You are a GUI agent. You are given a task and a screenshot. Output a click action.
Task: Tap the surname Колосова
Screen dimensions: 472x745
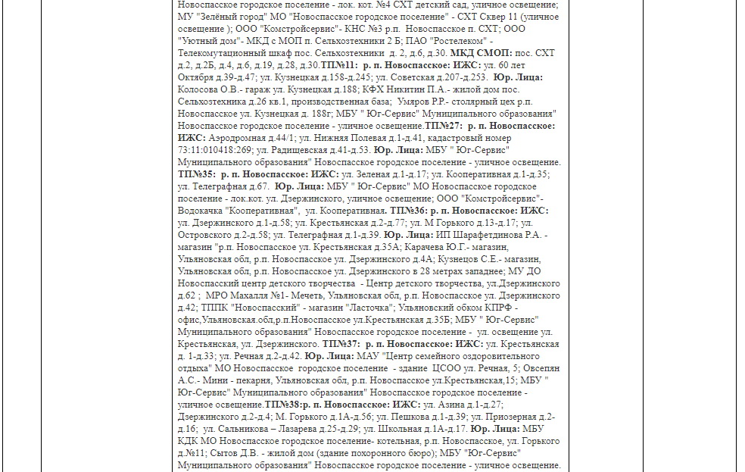[x=198, y=89]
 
